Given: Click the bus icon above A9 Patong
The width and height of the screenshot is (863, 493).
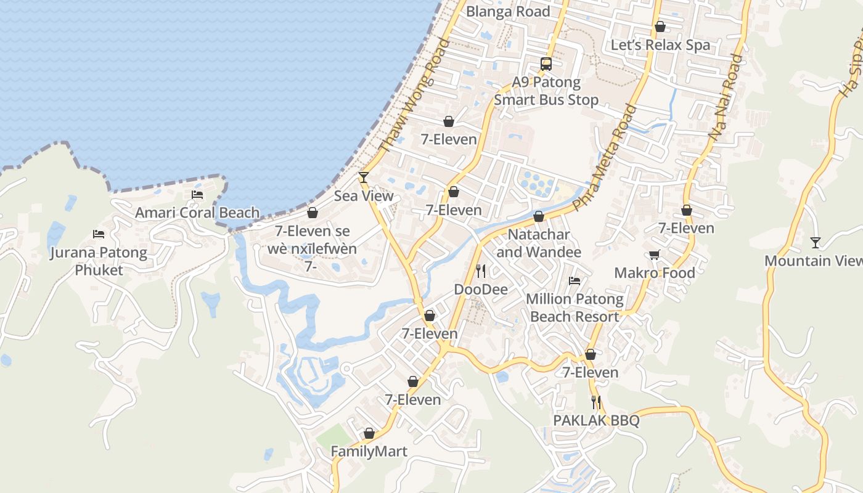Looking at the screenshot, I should (546, 63).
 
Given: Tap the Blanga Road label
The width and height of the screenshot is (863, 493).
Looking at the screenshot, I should (507, 11).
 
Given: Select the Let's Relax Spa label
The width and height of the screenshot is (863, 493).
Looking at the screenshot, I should (660, 45).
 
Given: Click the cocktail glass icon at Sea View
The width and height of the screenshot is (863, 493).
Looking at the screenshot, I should (364, 177).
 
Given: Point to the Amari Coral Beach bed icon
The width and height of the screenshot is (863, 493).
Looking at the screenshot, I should (197, 195).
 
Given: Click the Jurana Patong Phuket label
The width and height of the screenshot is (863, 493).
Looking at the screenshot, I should (99, 261).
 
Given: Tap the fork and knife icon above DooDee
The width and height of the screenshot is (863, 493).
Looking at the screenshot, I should (481, 271).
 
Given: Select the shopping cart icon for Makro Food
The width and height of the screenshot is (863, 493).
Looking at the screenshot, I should (654, 255).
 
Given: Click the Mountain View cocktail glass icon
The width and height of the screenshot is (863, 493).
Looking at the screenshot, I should (816, 242).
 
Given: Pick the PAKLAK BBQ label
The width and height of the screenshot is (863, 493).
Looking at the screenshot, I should (595, 420).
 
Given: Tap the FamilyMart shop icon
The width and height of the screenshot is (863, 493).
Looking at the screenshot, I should (369, 433).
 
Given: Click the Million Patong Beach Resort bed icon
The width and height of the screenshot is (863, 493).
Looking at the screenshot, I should (575, 281).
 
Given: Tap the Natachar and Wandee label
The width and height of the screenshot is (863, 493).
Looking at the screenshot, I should (538, 243).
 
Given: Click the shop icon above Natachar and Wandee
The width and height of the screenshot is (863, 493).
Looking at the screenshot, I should (538, 216).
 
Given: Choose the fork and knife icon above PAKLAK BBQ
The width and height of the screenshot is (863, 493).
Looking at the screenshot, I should (595, 402).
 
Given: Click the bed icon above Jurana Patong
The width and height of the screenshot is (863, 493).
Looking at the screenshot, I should (99, 234).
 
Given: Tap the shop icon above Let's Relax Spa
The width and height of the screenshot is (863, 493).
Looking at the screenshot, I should (660, 26).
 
